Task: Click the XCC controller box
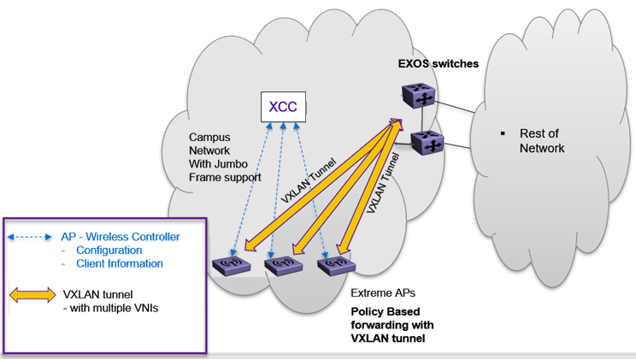(x=282, y=107)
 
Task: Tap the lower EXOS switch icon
(x=426, y=143)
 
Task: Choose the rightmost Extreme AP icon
(x=336, y=264)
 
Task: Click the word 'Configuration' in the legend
(x=108, y=251)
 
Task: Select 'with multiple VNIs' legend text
(x=109, y=308)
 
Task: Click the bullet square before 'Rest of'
(x=503, y=134)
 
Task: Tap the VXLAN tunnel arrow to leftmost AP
(x=316, y=183)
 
